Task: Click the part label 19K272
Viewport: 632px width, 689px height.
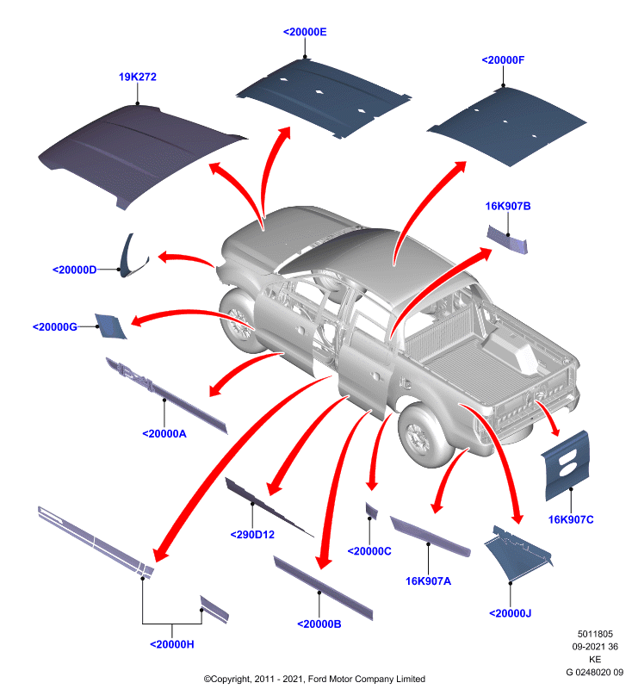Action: (138, 77)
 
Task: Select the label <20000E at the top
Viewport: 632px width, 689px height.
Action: (305, 32)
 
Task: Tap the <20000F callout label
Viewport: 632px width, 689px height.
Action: (503, 60)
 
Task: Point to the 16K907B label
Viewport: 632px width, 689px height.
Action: (508, 206)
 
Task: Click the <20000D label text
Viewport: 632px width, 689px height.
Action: (74, 270)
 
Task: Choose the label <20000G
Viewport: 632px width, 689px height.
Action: (55, 327)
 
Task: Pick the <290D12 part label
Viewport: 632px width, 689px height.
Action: (252, 535)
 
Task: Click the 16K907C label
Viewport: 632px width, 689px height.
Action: (571, 520)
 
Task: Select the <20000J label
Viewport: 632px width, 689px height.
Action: (511, 613)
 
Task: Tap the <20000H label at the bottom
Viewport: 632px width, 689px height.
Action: (172, 644)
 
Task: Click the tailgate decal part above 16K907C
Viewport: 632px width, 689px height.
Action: (565, 466)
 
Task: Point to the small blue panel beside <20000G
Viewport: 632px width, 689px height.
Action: (110, 326)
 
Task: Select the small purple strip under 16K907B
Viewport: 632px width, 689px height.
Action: (507, 239)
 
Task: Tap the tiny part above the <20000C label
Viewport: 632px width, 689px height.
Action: (371, 510)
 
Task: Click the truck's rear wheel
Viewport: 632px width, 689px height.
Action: (420, 436)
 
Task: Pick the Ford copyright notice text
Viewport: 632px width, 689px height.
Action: (314, 679)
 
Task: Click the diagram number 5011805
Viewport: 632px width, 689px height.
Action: (595, 634)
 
